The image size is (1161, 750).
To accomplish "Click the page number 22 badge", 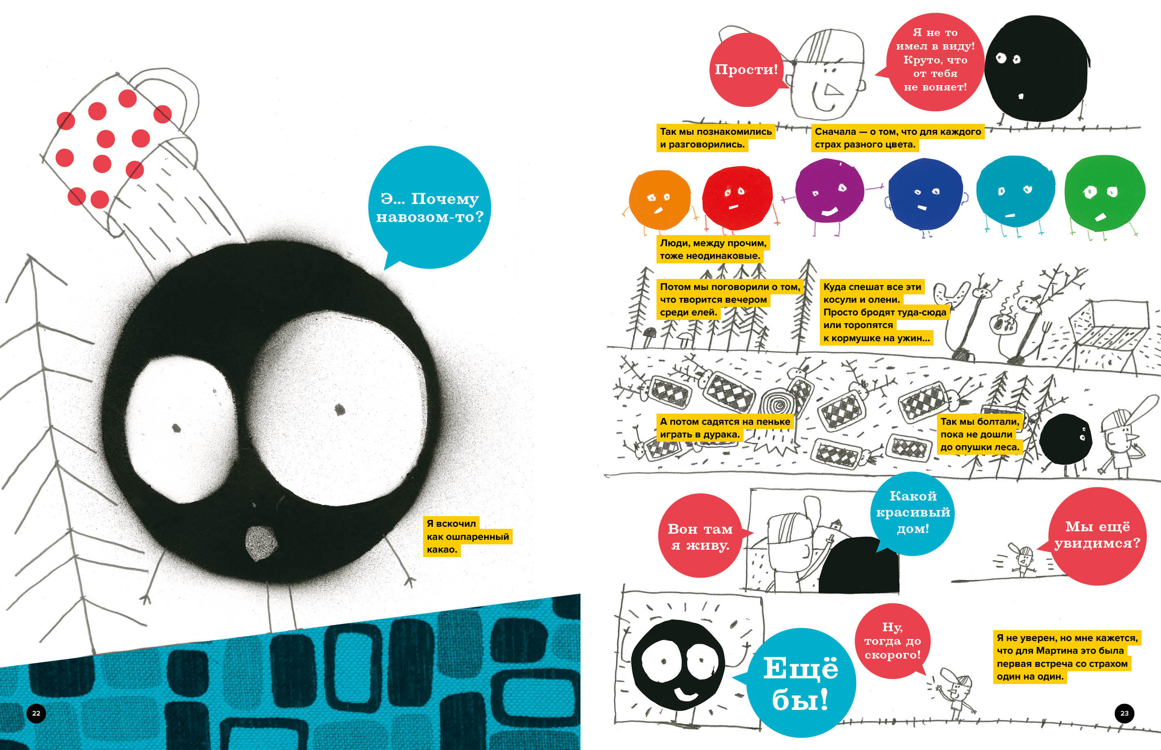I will tap(36, 714).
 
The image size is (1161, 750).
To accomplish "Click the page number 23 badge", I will tap(1124, 714).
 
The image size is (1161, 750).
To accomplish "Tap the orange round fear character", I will tap(660, 199).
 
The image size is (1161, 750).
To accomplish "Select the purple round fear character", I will tap(829, 191).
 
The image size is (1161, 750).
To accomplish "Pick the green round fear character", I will tap(1104, 193).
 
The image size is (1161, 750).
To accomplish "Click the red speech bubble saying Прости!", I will tap(746, 70).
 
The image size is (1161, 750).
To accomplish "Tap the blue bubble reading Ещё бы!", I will tap(800, 683).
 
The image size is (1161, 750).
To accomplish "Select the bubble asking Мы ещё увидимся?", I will tap(1097, 535).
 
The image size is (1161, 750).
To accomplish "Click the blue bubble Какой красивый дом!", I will tap(913, 513).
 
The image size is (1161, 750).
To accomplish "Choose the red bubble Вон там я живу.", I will tap(700, 537).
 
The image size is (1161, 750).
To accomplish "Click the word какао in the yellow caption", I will tap(442, 550).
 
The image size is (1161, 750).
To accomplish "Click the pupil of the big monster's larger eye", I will tap(340, 410).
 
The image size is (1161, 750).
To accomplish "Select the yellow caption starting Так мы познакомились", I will tap(715, 138).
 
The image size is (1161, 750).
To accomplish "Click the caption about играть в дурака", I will tap(724, 428).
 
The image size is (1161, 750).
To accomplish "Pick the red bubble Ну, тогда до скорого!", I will tap(892, 641).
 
